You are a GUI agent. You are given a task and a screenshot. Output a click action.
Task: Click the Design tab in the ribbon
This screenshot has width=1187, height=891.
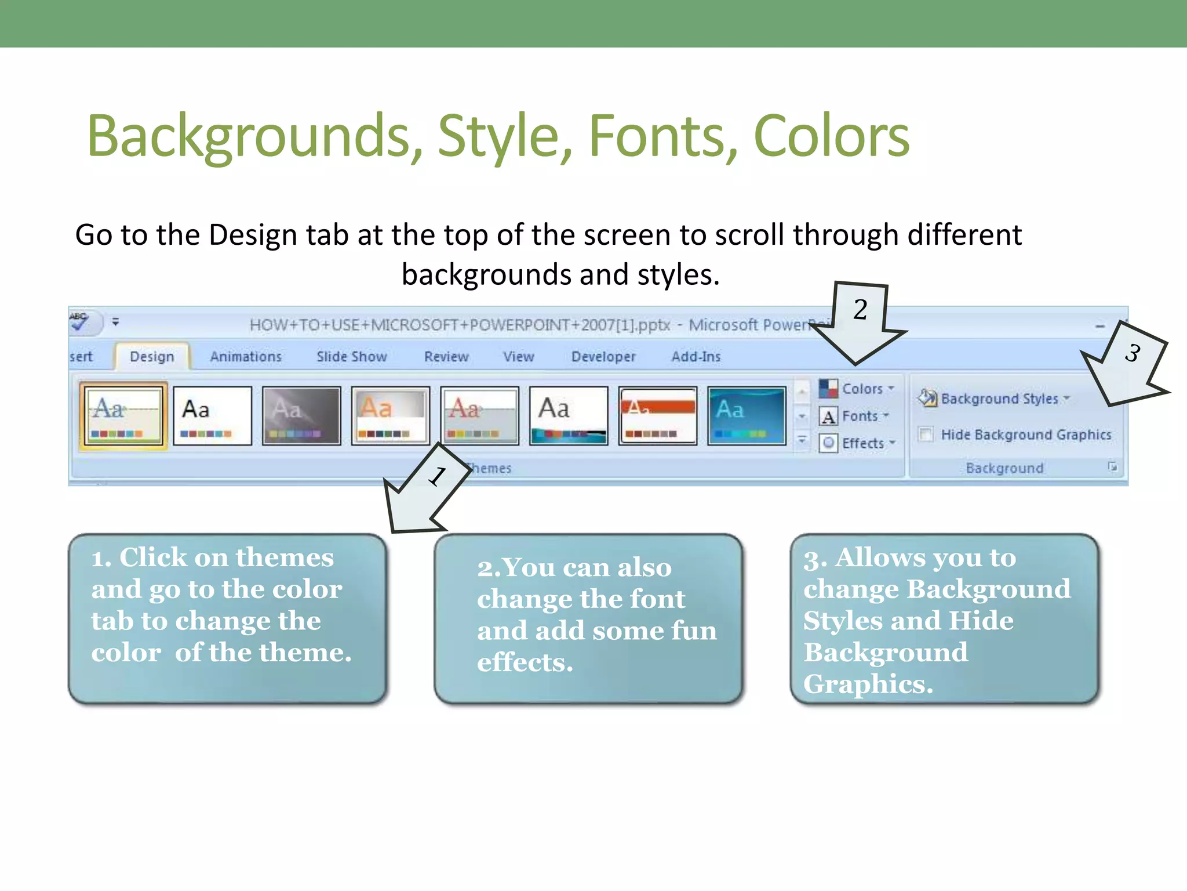152,356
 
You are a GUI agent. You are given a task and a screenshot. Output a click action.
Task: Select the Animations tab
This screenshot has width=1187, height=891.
246,356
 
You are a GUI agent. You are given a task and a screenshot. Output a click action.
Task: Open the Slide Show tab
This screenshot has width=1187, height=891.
352,356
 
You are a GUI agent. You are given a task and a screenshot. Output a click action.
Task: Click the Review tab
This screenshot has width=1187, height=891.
446,356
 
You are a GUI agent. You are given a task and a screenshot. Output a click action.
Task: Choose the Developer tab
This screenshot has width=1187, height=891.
603,356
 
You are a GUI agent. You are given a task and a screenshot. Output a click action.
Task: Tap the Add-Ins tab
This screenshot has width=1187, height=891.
696,356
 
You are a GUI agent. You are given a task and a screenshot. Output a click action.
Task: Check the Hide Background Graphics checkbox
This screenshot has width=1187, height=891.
926,434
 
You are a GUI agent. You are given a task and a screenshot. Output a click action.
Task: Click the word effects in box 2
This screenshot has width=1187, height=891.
525,662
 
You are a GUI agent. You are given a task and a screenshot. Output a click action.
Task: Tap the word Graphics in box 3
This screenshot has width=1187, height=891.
868,684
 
